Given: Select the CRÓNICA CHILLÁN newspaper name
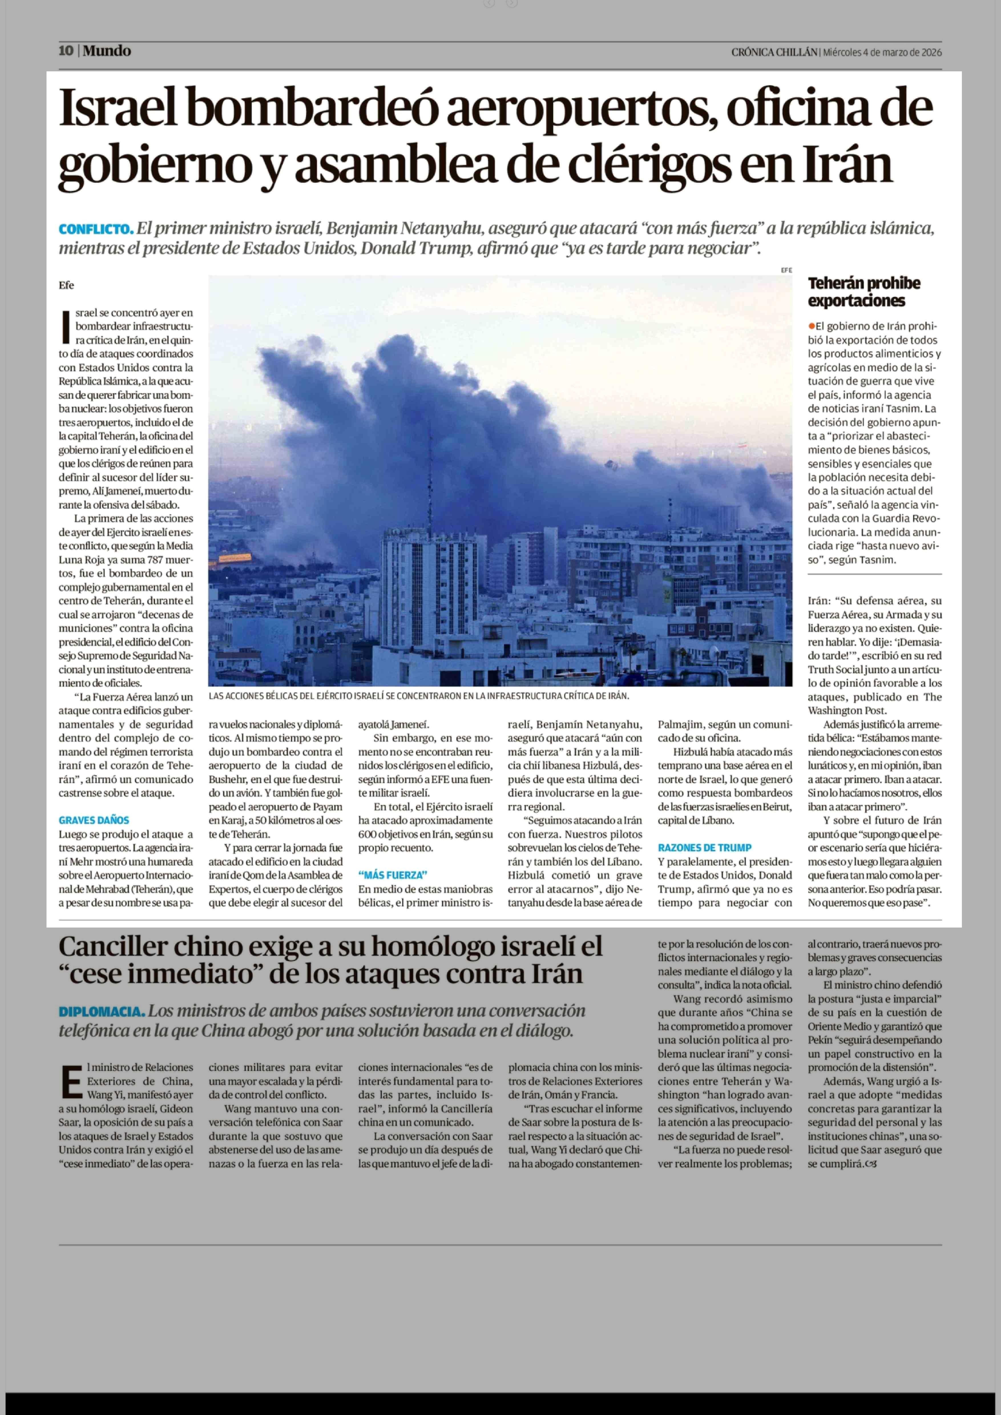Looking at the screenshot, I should [774, 53].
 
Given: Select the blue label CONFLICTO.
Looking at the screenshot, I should [96, 229].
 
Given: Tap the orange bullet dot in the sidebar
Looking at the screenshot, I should [812, 326].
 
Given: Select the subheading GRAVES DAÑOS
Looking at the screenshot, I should [94, 820].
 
